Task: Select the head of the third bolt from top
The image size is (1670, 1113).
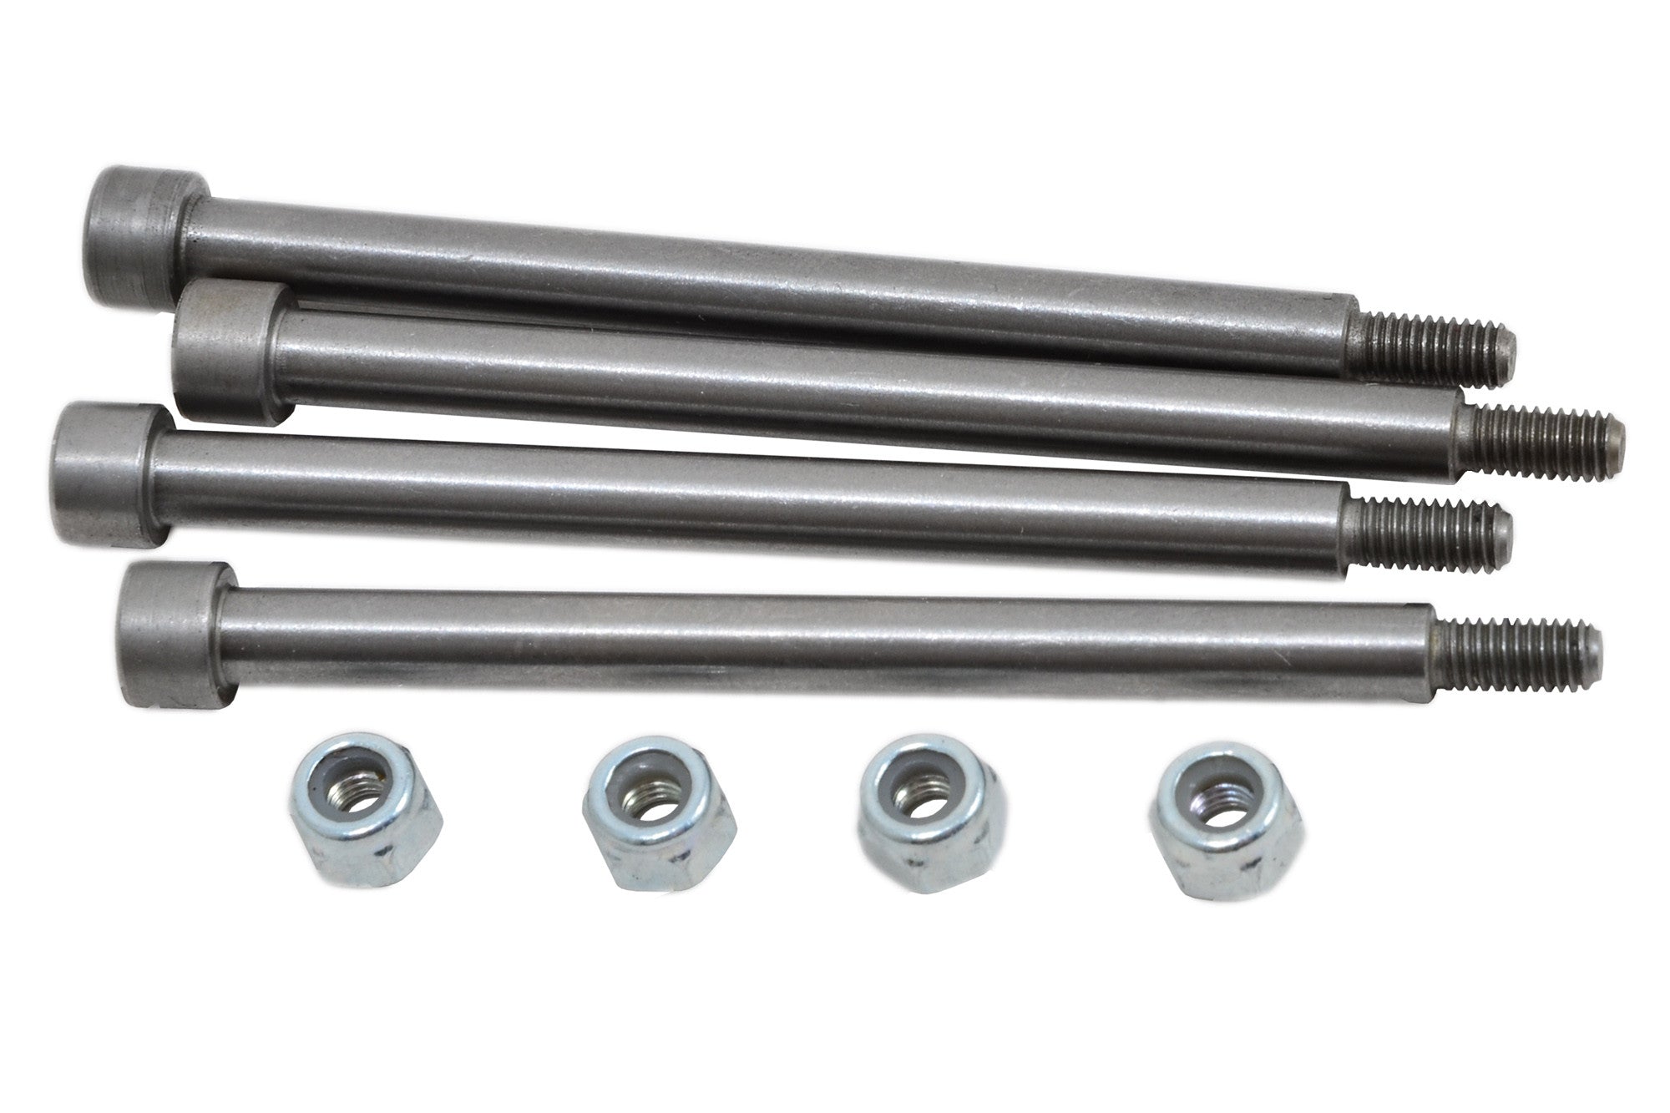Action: point(104,474)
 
